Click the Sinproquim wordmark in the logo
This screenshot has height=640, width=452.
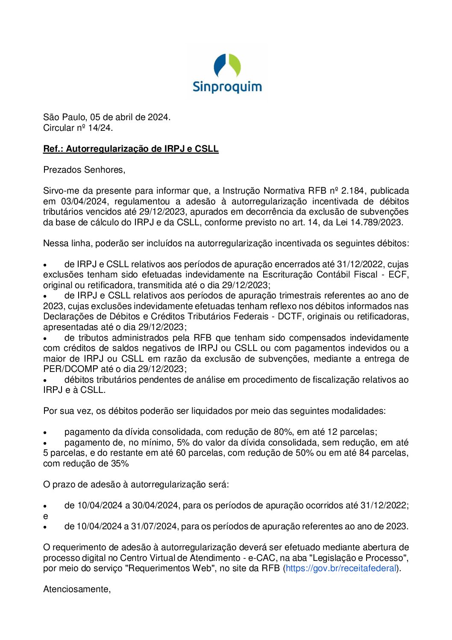tap(227, 87)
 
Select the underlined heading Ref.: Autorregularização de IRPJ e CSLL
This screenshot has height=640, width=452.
tap(131, 149)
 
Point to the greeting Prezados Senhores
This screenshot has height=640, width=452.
tap(84, 170)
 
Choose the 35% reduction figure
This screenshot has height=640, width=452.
tap(120, 463)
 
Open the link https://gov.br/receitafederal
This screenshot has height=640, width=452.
tap(341, 568)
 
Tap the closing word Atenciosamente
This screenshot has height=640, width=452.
tap(77, 589)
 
